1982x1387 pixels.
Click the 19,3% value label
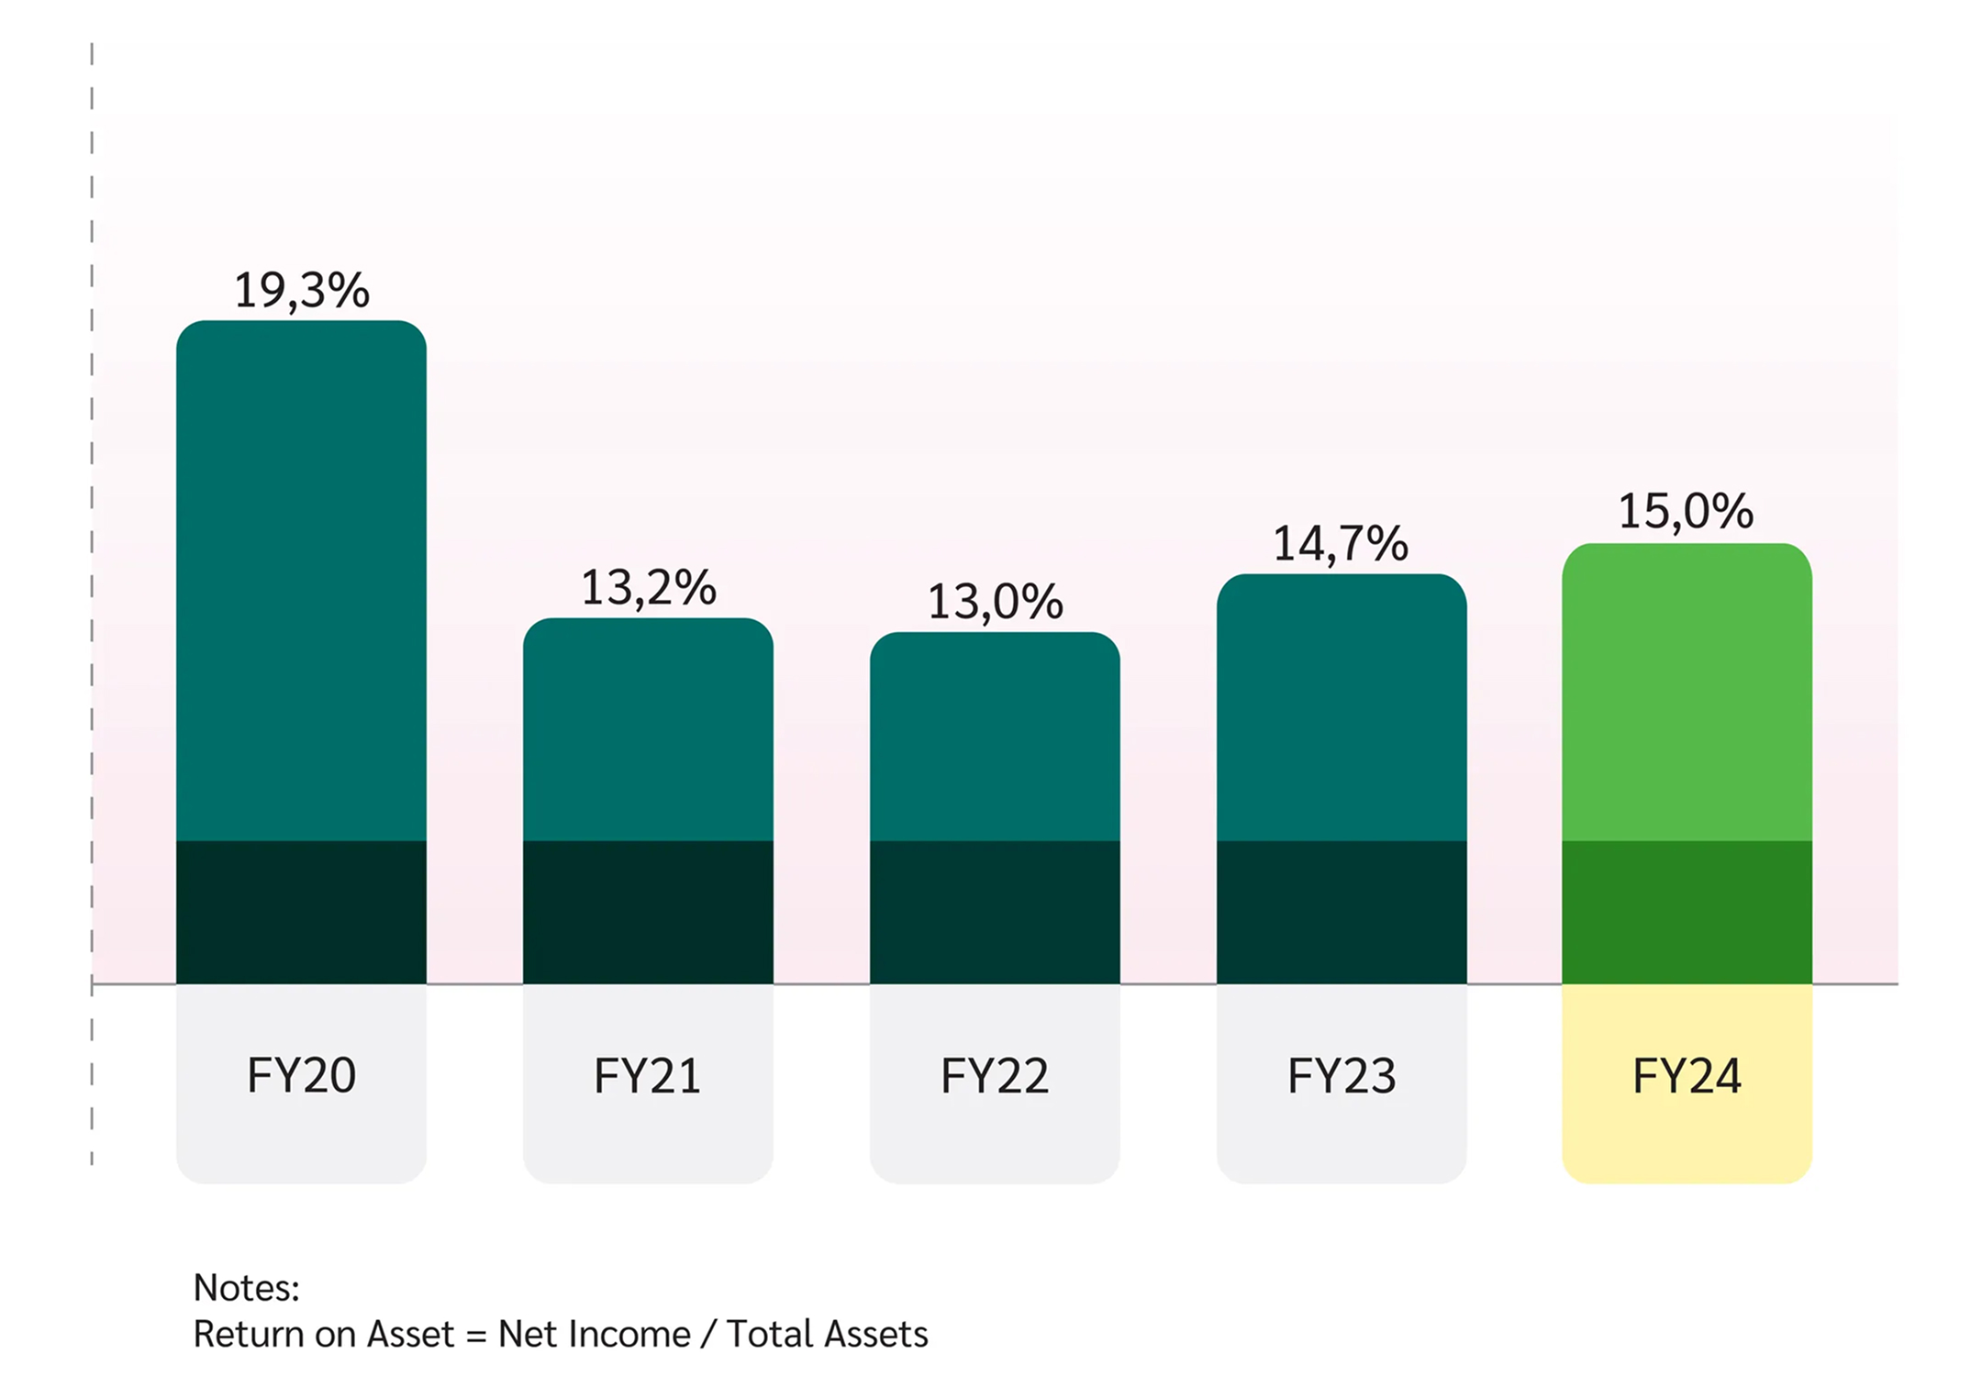tap(301, 291)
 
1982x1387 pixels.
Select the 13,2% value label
tap(648, 588)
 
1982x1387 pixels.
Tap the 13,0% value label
tap(995, 603)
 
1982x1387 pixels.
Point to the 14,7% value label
tap(1340, 544)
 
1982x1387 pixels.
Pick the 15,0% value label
tap(1686, 512)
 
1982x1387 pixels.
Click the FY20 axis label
tap(301, 1076)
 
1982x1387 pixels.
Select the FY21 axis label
tap(648, 1076)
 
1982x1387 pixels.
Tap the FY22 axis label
tap(995, 1076)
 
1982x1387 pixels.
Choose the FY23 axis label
tap(1342, 1076)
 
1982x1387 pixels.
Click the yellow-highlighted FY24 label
tap(1687, 1076)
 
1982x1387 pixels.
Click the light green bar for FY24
tap(1687, 693)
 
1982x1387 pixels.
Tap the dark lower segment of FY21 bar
tap(648, 912)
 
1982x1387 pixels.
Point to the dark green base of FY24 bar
tap(1687, 912)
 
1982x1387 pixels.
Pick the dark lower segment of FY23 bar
tap(1342, 912)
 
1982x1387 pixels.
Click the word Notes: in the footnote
tap(246, 1289)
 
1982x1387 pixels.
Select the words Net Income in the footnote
tap(594, 1335)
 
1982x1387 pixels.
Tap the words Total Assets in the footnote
tap(827, 1335)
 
